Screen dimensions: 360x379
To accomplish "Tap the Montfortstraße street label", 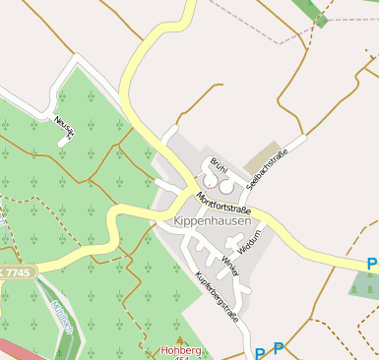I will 224,204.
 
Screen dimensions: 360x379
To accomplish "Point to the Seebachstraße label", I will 268,168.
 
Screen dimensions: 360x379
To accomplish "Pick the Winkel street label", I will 230,265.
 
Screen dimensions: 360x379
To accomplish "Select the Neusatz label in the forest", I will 65,126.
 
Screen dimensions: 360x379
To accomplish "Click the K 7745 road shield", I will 16,270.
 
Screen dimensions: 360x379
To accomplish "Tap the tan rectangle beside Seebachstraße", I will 262,154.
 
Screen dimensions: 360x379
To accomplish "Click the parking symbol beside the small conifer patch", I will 372,264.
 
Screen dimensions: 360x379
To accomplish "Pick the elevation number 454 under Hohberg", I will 178,357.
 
